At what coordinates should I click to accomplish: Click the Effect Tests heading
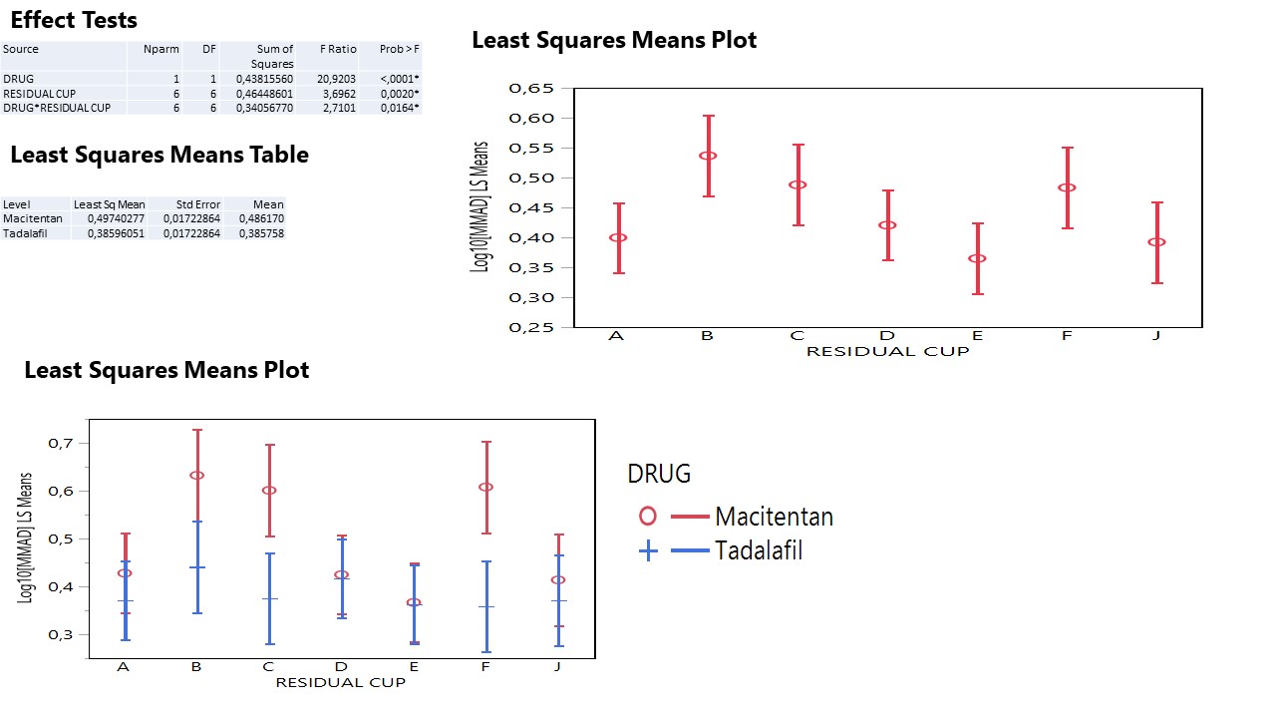[x=74, y=20]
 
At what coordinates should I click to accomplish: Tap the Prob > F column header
[x=399, y=49]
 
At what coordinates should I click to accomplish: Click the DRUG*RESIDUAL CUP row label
[x=57, y=108]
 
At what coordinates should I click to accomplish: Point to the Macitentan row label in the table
[x=33, y=218]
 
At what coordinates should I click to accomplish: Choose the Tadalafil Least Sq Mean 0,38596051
[x=110, y=233]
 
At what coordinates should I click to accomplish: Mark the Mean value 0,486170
[x=261, y=218]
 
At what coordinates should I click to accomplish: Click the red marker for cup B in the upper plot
[x=708, y=156]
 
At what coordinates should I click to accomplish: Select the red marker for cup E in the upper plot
[x=977, y=258]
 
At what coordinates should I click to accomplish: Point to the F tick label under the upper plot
[x=1066, y=336]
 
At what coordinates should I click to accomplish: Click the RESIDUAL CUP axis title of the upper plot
[x=887, y=351]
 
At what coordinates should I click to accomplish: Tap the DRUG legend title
[x=658, y=474]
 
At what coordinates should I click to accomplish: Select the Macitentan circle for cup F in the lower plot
[x=485, y=487]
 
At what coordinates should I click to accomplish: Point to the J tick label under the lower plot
[x=558, y=666]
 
